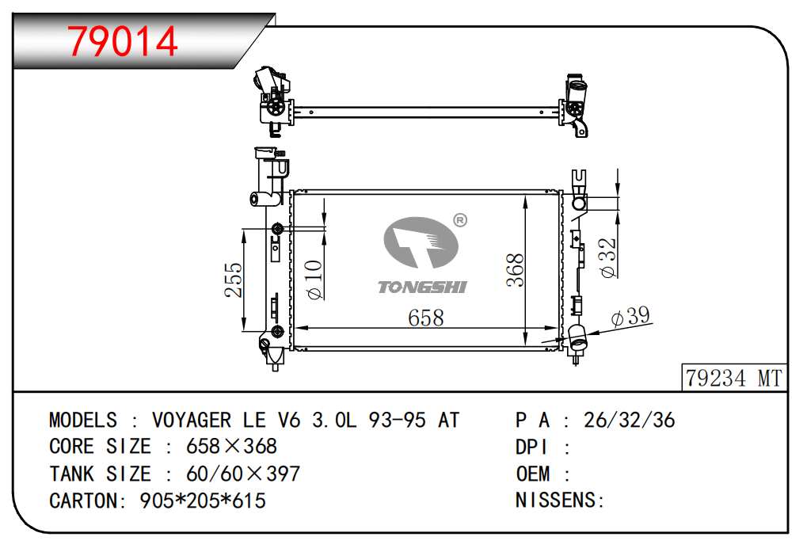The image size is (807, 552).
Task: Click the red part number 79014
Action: click(123, 41)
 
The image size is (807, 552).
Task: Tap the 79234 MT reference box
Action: click(734, 378)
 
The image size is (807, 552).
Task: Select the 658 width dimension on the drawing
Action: click(425, 318)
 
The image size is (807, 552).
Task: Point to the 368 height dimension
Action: click(515, 269)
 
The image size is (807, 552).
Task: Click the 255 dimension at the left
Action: click(233, 280)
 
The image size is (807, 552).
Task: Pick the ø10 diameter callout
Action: click(314, 280)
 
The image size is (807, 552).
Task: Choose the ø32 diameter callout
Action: click(607, 257)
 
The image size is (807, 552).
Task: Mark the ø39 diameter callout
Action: click(630, 316)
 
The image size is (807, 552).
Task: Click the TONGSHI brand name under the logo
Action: click(422, 287)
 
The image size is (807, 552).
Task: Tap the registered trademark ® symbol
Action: click(460, 220)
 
